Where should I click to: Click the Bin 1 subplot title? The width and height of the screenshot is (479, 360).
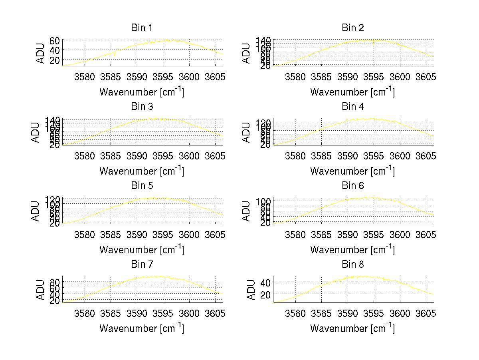pos(142,28)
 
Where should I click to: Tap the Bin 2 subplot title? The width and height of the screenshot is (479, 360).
pos(353,28)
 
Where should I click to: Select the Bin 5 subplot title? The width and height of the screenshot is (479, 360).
pos(142,186)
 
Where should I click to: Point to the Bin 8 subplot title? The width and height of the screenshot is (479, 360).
pos(353,265)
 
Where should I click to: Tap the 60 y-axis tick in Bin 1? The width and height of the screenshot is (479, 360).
pos(55,40)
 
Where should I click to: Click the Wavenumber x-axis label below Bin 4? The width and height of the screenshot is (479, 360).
pos(352,171)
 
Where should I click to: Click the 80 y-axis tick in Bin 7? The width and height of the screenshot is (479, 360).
pos(55,282)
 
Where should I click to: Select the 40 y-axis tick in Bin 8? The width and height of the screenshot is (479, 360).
pos(266,282)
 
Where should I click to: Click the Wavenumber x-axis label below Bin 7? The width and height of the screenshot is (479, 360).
pos(141,328)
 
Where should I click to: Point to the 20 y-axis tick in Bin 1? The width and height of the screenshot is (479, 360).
pos(55,60)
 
